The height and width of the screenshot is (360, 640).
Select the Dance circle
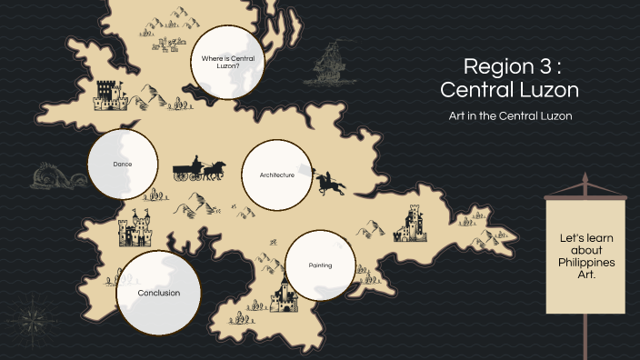click(x=123, y=165)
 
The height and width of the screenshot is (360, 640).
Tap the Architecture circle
click(x=276, y=175)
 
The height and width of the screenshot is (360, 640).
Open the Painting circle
click(x=320, y=265)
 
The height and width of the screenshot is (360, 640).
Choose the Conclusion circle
click(x=158, y=293)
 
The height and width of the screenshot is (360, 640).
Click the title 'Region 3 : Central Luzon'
click(x=509, y=78)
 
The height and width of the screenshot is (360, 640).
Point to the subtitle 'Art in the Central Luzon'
click(x=509, y=116)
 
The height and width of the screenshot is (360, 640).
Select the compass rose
click(x=35, y=318)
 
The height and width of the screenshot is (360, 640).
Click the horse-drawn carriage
click(x=199, y=170)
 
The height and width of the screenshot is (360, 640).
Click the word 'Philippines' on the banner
click(x=585, y=262)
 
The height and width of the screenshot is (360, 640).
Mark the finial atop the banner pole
click(x=585, y=181)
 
